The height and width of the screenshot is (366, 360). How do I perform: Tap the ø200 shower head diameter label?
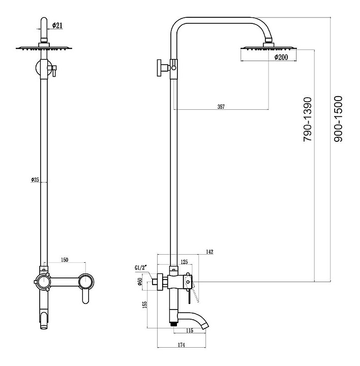pos(281,57)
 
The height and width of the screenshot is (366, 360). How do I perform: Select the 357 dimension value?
pos(221,106)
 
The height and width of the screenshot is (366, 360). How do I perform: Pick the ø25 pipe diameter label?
pos(35,179)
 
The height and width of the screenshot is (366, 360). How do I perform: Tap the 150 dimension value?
pos(65,260)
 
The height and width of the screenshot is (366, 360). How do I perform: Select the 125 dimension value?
pos(184,262)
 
